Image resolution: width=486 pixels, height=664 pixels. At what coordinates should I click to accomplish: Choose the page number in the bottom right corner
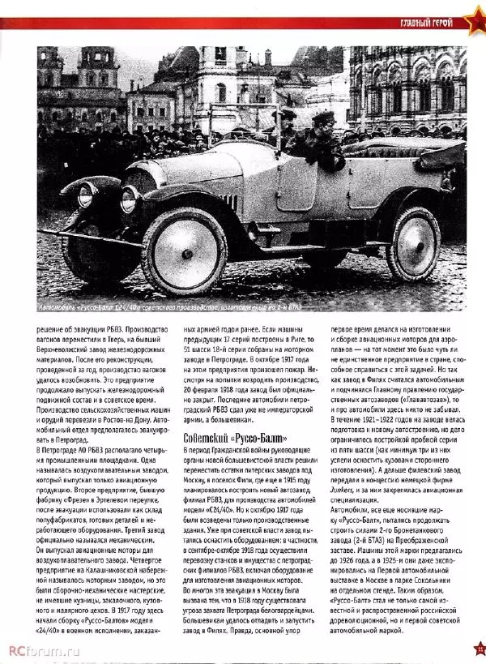(x=479, y=647)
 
